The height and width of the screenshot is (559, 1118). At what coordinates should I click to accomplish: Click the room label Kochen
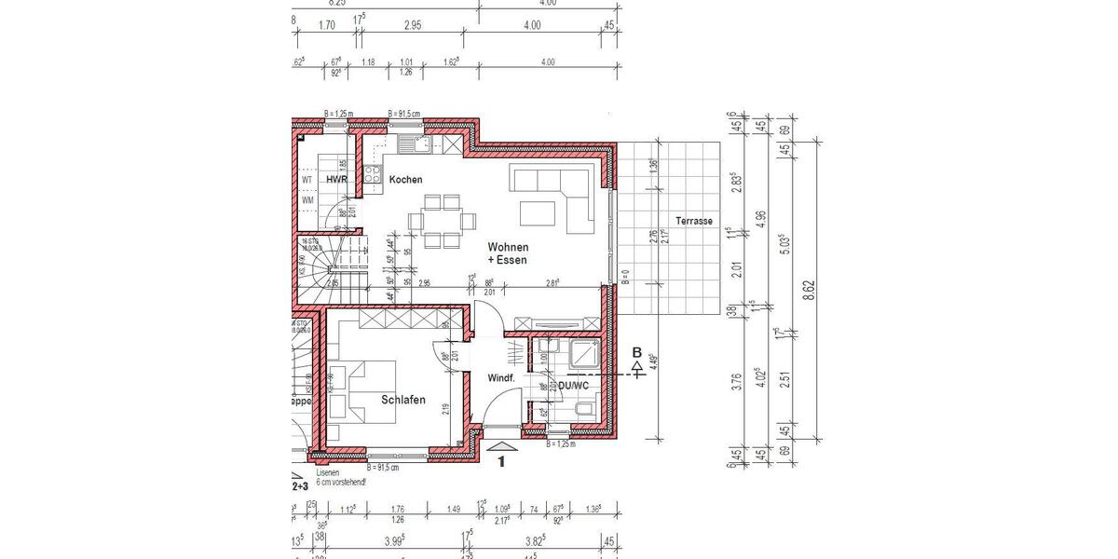tap(405, 179)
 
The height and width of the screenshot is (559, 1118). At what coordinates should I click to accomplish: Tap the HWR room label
tap(335, 179)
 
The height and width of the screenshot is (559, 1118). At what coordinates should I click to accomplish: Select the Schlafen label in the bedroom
tap(402, 400)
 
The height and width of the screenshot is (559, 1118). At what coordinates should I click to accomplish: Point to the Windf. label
tap(501, 378)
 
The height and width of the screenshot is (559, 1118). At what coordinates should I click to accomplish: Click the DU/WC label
tap(572, 384)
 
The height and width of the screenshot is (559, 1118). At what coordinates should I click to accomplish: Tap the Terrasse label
tap(695, 221)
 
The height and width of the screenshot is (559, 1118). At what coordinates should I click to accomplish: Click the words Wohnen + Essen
tap(507, 252)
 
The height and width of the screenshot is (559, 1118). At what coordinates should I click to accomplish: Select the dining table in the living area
tap(441, 221)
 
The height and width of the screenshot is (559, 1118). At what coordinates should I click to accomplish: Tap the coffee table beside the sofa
tap(535, 212)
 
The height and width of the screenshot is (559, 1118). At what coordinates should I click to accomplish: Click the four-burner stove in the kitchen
tap(373, 174)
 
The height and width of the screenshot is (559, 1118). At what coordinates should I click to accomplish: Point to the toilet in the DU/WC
tap(582, 410)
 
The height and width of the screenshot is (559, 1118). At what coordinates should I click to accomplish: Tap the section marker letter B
tap(637, 352)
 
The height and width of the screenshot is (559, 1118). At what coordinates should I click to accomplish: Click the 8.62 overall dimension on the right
tap(811, 289)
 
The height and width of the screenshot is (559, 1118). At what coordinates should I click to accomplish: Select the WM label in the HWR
tap(307, 199)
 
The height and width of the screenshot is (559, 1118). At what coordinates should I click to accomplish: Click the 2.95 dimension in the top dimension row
tap(413, 25)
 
